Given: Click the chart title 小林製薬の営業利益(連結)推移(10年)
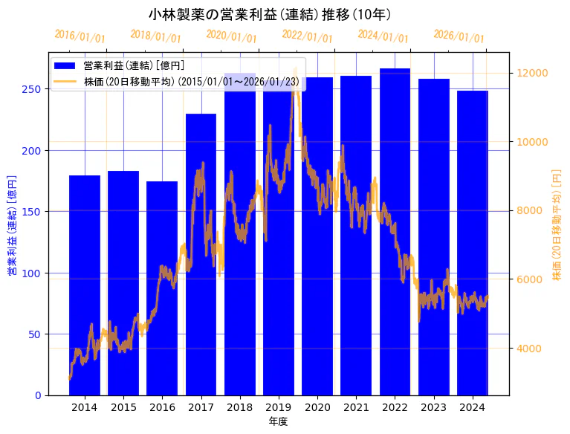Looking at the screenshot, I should coord(270,14).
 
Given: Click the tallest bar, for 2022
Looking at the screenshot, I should coord(395,231).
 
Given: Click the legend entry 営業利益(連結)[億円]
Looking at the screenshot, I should coord(134,65).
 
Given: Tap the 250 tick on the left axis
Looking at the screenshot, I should coord(34,89).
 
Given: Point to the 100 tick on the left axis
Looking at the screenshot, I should coord(34,273).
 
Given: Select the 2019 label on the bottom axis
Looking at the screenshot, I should coord(278,407).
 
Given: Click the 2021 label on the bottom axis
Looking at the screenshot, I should coord(356,407).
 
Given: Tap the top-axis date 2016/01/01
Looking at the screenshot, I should coord(80,36).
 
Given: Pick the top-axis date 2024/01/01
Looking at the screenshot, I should coord(383,36).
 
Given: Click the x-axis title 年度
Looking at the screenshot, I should coord(278,421).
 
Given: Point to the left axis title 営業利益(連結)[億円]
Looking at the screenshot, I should coord(12,226).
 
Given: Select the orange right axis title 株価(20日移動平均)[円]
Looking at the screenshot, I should coord(557,224).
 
